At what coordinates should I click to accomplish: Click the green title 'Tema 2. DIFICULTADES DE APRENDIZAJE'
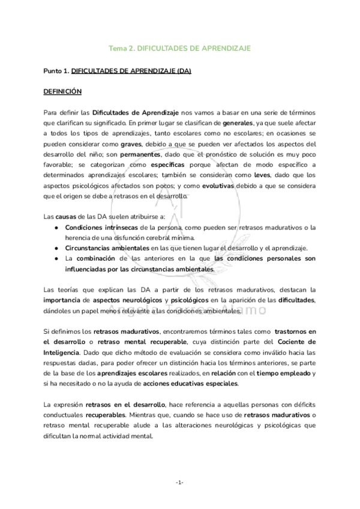[180, 47]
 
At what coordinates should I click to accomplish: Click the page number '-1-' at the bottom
[180, 483]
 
